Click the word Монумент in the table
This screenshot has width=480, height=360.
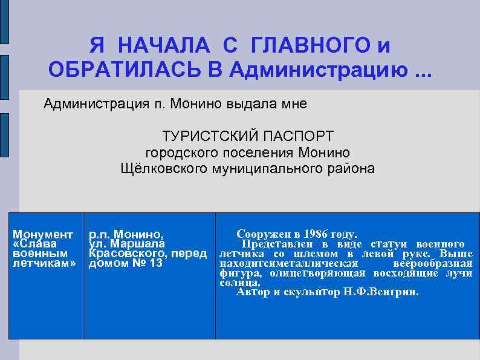pyautogui.click(x=43, y=234)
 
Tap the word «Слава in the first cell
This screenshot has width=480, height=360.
pyautogui.click(x=34, y=243)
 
